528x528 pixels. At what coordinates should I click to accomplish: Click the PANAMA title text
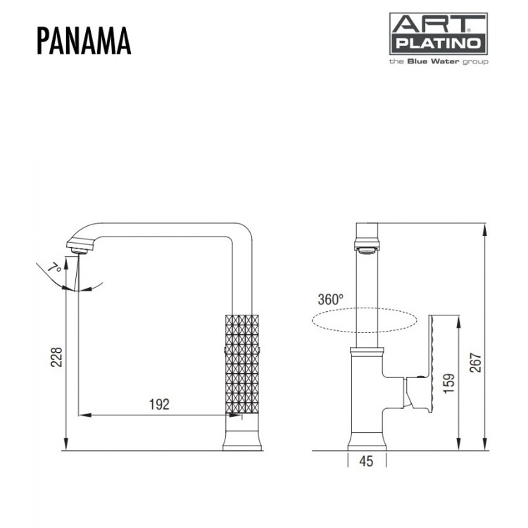click(82, 42)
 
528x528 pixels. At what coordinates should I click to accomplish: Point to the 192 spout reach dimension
click(159, 404)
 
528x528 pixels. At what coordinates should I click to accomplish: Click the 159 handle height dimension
click(449, 382)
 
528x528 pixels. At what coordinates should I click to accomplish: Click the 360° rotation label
click(331, 298)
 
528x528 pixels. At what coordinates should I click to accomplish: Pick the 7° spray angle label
click(54, 268)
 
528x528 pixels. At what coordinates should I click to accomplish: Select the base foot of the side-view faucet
click(242, 441)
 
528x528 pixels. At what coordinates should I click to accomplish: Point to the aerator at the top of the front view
click(367, 247)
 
